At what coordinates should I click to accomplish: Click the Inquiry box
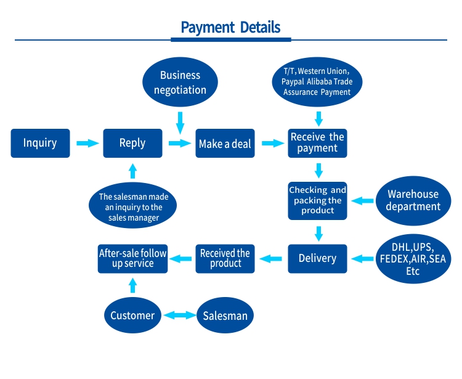pos(41,143)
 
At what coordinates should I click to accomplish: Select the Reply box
pos(132,143)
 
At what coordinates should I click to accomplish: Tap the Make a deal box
pos(225,143)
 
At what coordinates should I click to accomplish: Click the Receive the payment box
pos(317,143)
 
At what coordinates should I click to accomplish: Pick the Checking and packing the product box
pos(317,201)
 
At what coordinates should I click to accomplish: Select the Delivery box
pos(317,259)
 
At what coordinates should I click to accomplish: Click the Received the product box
pos(225,259)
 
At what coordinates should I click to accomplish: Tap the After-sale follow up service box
pos(132,259)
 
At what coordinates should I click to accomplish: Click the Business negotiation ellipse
pos(180,82)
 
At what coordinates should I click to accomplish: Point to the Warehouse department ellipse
pos(413,201)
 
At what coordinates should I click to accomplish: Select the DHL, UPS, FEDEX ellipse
pos(413,259)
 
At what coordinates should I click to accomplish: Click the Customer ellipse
pos(132,316)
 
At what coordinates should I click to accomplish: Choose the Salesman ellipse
pos(225,316)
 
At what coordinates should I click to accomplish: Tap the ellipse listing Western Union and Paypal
pos(317,82)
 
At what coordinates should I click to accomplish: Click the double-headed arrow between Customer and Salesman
pos(180,316)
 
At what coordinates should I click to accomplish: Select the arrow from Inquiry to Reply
pos(88,143)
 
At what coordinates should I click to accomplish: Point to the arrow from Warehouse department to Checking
pos(362,201)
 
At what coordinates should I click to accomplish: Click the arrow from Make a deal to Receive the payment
pos(273,143)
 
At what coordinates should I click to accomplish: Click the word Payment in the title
pos(208,27)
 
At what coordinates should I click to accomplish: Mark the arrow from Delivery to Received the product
pos(270,259)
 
